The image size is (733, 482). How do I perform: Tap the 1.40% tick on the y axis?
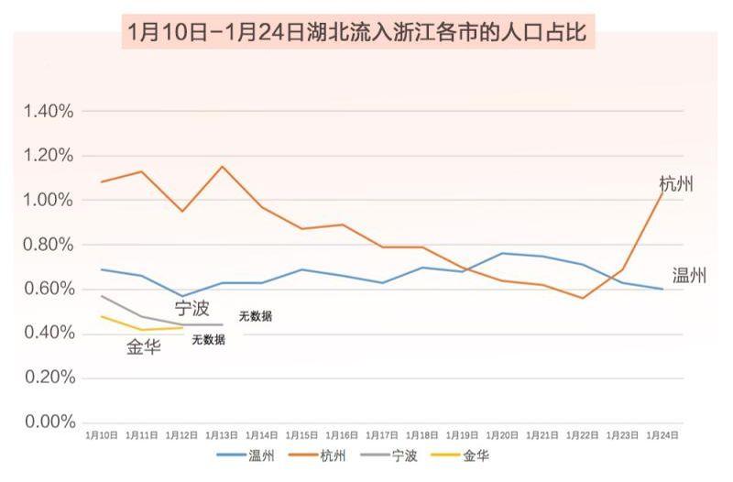point(48,112)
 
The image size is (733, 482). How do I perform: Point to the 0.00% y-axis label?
point(48,422)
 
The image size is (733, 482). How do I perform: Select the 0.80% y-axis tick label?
point(48,245)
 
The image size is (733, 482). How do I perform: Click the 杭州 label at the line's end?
point(676,184)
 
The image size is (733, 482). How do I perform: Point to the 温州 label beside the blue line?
point(689,275)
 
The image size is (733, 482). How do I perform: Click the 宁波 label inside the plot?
point(192,308)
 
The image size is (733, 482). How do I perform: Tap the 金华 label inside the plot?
point(144,347)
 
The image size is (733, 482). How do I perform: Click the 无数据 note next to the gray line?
point(256,317)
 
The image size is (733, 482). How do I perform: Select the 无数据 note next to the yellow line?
point(208,340)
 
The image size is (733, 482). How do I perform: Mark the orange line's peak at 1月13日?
point(221,167)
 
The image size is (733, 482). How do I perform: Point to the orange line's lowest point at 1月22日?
point(582,298)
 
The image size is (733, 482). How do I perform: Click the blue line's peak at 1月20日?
point(502,253)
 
